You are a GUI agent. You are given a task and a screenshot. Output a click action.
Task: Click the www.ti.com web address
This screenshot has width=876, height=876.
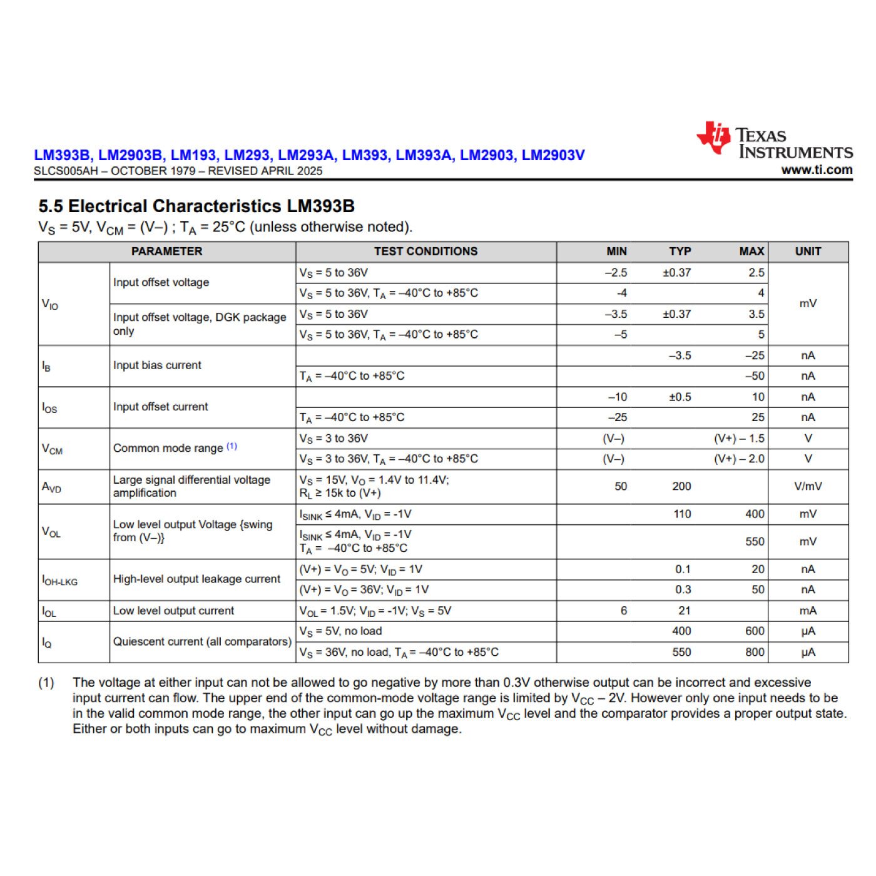click(x=817, y=170)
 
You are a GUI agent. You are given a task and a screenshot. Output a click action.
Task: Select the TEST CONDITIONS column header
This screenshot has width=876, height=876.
click(x=425, y=252)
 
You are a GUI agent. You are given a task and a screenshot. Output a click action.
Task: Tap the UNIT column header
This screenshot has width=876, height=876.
click(x=808, y=252)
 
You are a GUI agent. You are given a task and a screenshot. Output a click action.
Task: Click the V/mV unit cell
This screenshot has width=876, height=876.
click(x=808, y=486)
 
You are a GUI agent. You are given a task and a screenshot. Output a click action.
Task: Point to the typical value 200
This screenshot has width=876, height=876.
click(x=681, y=486)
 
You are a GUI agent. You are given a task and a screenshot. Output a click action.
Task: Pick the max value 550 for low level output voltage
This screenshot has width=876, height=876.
click(x=755, y=541)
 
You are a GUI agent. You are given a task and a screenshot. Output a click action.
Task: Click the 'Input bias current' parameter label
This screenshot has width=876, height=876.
click(x=157, y=365)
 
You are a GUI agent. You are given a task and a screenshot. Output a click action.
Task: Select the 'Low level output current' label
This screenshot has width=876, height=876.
click(x=173, y=611)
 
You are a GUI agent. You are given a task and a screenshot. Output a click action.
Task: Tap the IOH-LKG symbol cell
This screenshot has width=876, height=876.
click(x=60, y=580)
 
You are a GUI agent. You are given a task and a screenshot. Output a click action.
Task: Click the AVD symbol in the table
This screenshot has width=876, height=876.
click(x=51, y=487)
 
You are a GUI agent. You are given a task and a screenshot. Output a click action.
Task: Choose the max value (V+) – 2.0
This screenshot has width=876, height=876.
click(x=739, y=459)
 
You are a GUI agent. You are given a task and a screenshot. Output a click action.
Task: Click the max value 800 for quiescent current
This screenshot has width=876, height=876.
click(x=755, y=652)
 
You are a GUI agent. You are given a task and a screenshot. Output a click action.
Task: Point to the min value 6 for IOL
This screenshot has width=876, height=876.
click(x=623, y=611)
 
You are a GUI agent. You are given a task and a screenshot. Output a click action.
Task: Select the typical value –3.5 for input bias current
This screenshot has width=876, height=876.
click(x=680, y=355)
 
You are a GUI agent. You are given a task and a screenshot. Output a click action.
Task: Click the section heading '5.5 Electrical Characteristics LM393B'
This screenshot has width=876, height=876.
click(x=196, y=206)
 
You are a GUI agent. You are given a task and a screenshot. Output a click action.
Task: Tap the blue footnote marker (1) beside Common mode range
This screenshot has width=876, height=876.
click(x=232, y=446)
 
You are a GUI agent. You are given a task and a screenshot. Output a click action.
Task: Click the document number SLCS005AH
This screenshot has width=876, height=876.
click(x=65, y=171)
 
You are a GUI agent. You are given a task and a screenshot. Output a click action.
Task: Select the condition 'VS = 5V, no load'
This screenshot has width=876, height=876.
click(x=340, y=631)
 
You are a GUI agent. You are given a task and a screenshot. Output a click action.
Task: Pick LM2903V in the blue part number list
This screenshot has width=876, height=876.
click(x=553, y=155)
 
